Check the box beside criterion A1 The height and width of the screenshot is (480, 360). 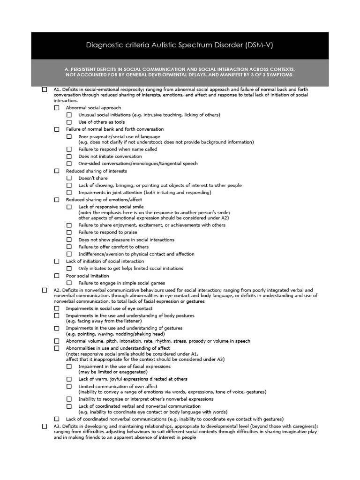pyautogui.click(x=45, y=89)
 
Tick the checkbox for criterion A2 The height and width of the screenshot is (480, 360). pyautogui.click(x=45, y=290)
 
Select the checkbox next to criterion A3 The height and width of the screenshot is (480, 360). pyautogui.click(x=45, y=426)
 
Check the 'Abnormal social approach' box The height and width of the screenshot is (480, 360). pyautogui.click(x=57, y=108)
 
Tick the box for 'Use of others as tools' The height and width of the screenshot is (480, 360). pyautogui.click(x=69, y=122)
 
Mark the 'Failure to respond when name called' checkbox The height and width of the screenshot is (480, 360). pyautogui.click(x=69, y=149)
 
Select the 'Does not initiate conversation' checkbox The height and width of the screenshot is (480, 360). pyautogui.click(x=69, y=157)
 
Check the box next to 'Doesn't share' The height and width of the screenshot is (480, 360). pyautogui.click(x=69, y=178)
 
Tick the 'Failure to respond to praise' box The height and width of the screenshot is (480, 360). pyautogui.click(x=69, y=232)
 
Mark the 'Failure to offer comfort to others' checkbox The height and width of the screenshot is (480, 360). pyautogui.click(x=69, y=247)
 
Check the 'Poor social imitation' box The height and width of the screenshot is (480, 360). pyautogui.click(x=57, y=276)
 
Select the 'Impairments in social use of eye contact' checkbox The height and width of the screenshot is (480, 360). pyautogui.click(x=57, y=308)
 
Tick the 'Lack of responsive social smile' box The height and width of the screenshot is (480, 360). pyautogui.click(x=69, y=207)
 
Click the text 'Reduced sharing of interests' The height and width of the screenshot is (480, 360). pyautogui.click(x=97, y=171)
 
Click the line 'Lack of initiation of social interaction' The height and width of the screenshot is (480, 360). pyautogui.click(x=105, y=261)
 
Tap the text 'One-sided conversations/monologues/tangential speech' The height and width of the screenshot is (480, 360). pyautogui.click(x=138, y=164)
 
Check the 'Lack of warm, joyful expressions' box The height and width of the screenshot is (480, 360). pyautogui.click(x=69, y=379)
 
